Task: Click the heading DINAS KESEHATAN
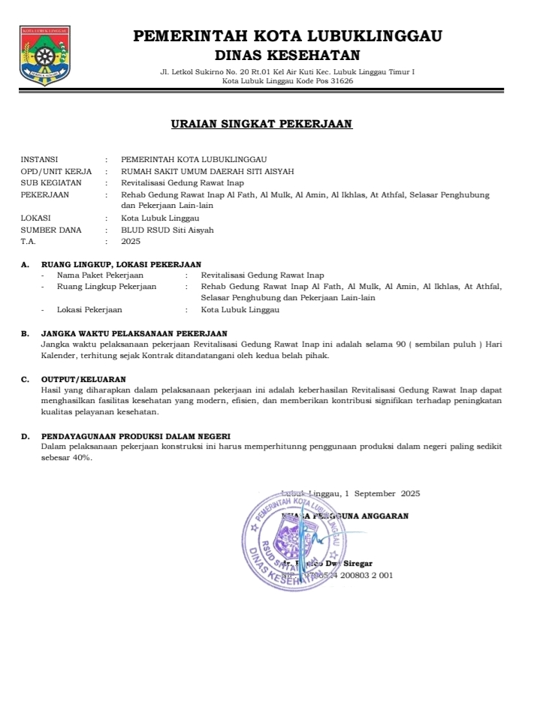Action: click(287, 55)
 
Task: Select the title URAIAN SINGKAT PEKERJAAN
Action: click(261, 125)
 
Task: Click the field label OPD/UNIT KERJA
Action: click(56, 171)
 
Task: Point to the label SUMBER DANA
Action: click(51, 230)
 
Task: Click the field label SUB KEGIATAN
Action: click(51, 182)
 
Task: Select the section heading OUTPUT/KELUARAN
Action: click(83, 379)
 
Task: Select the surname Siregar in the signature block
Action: click(358, 563)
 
